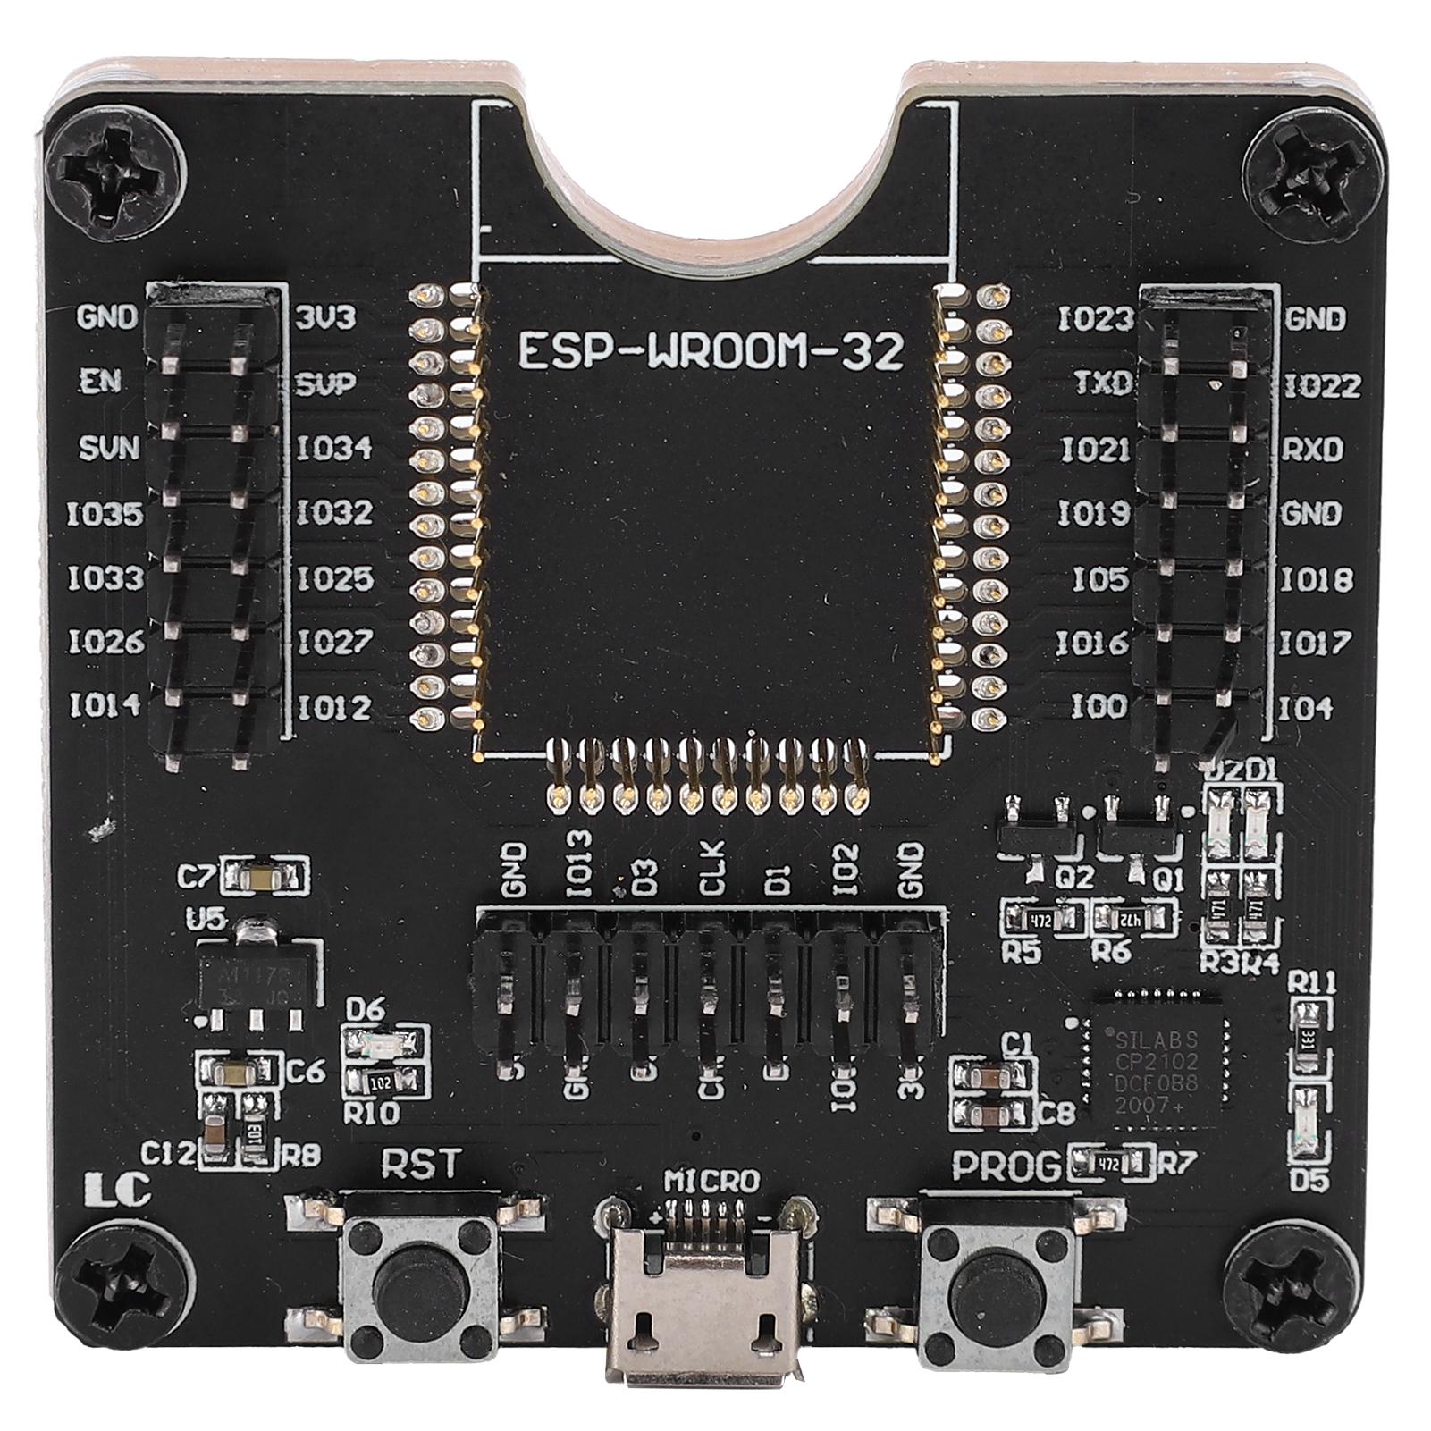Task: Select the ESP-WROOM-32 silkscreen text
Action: tap(711, 351)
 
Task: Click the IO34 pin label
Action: tap(334, 447)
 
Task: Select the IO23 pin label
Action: tap(1095, 319)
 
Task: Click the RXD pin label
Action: tap(1313, 450)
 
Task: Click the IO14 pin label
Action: tap(105, 706)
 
